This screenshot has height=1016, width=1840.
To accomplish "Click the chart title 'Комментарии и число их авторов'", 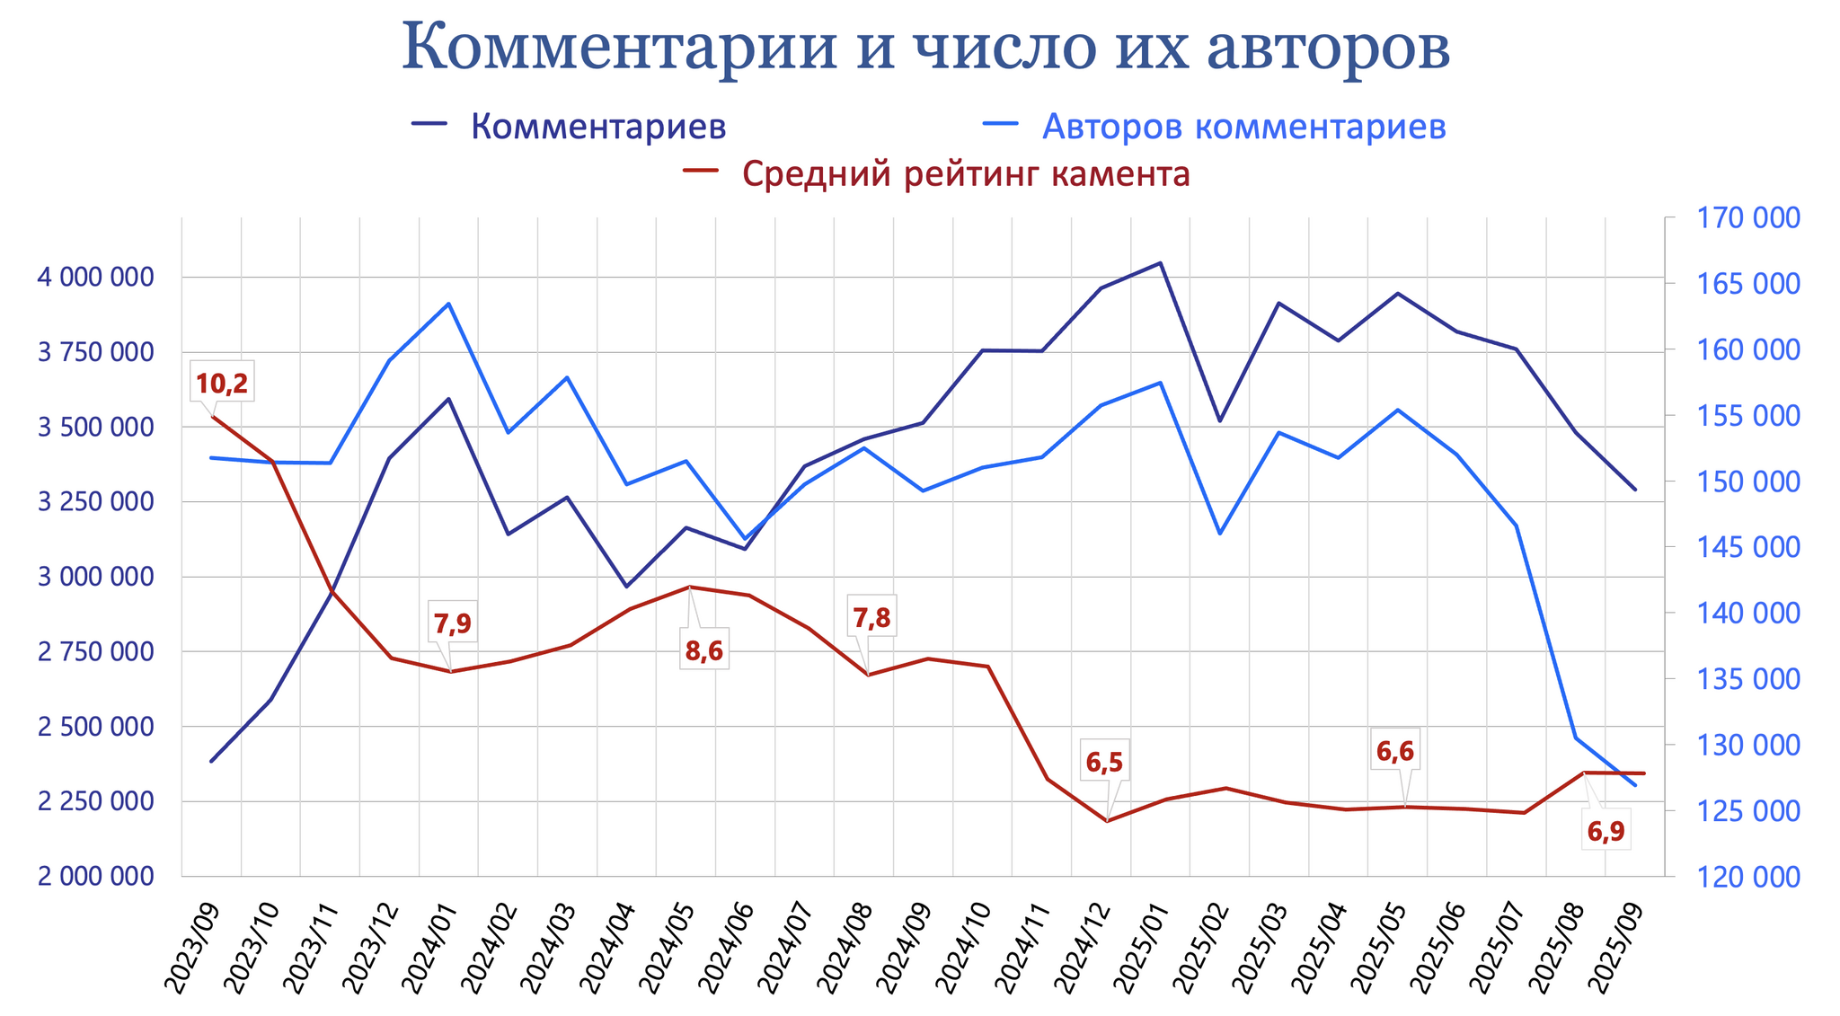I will (924, 47).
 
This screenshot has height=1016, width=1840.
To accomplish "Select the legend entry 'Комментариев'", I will (597, 127).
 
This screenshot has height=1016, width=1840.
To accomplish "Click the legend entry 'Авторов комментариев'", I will (1243, 127).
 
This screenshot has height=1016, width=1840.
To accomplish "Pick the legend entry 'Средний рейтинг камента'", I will (966, 173).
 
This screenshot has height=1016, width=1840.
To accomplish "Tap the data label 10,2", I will (222, 384).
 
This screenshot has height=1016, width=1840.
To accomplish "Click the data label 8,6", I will (703, 652).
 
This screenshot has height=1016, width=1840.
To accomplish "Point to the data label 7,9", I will (452, 623).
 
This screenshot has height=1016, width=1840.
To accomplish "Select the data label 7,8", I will (871, 618).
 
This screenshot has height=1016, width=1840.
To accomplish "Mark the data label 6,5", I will (1104, 763).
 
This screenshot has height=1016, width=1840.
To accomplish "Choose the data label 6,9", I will (1606, 833).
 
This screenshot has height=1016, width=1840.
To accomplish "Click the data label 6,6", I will (1395, 752).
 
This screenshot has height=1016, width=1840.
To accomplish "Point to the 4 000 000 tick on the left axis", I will (95, 278).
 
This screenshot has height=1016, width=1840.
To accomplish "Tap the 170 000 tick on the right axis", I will (1747, 218).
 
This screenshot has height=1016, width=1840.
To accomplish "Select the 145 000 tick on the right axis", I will (1747, 547).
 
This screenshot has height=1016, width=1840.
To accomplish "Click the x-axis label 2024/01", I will (431, 948).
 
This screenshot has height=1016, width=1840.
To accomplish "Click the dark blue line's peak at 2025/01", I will (1160, 263).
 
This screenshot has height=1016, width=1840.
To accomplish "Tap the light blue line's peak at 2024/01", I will (448, 304).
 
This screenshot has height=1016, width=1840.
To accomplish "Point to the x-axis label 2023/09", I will (194, 948).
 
